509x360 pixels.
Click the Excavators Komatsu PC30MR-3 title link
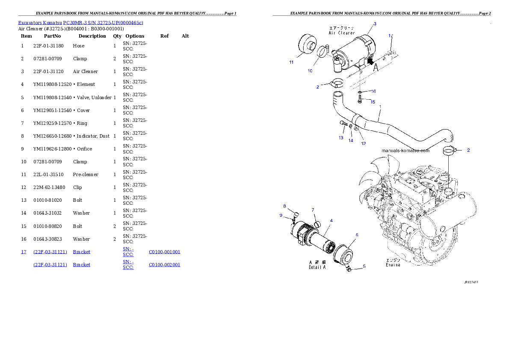point(80,23)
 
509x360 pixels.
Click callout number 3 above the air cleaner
point(375,24)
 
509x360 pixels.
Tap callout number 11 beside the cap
point(291,62)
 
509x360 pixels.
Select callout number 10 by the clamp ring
point(310,71)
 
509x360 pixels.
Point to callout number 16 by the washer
point(373,91)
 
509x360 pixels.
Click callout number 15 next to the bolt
point(373,102)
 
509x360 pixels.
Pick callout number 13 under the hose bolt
point(341,138)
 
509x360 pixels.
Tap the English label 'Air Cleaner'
point(341,32)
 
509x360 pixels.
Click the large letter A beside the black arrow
point(376,67)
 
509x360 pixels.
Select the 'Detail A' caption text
point(317,267)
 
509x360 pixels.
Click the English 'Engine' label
point(393,265)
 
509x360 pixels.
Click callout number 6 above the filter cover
point(357,235)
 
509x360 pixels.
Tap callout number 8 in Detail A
point(284,206)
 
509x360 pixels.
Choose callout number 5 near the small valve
point(364,266)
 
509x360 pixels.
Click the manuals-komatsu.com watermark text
point(405,150)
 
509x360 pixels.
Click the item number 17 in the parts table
point(24,252)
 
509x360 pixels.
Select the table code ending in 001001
point(164,252)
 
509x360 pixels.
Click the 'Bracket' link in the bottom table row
point(81,265)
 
